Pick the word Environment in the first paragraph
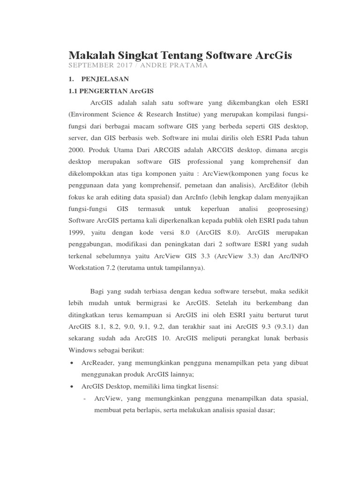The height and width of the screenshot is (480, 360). (90, 115)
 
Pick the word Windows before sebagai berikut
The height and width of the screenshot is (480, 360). (82, 350)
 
